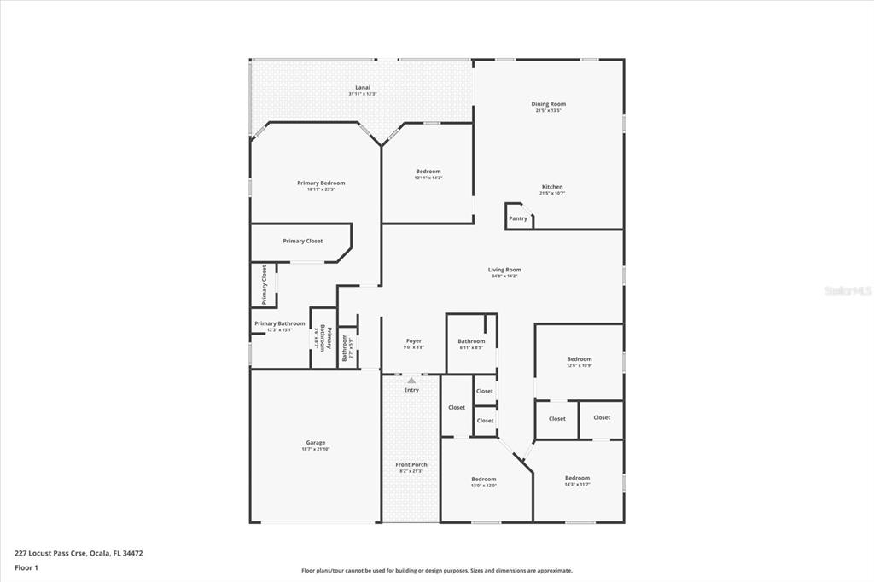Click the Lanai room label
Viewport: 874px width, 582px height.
click(362, 88)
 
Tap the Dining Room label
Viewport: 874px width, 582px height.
click(549, 104)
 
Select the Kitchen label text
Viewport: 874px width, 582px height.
click(552, 187)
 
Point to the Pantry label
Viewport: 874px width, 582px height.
click(518, 218)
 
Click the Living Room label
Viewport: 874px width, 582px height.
click(504, 270)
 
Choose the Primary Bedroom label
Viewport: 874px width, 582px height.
click(321, 183)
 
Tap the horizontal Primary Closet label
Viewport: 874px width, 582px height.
click(303, 241)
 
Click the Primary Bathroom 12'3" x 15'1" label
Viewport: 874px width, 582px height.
click(279, 323)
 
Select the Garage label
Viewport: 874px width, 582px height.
click(315, 443)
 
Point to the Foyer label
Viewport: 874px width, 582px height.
click(413, 341)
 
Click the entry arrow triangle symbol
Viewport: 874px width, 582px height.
click(411, 381)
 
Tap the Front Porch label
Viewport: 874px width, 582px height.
click(411, 465)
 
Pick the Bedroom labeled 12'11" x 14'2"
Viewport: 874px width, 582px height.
click(428, 172)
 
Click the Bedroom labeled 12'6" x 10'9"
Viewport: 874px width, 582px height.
click(579, 359)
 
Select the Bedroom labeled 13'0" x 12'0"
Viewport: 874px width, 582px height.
click(483, 479)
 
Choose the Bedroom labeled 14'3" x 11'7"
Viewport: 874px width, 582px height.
click(577, 478)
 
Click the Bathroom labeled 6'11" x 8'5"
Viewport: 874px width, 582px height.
click(471, 341)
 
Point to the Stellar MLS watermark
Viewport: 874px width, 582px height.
click(848, 291)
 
